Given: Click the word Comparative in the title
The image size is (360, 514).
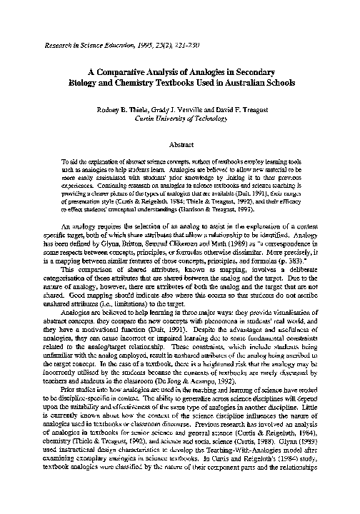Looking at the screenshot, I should tap(130, 71).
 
